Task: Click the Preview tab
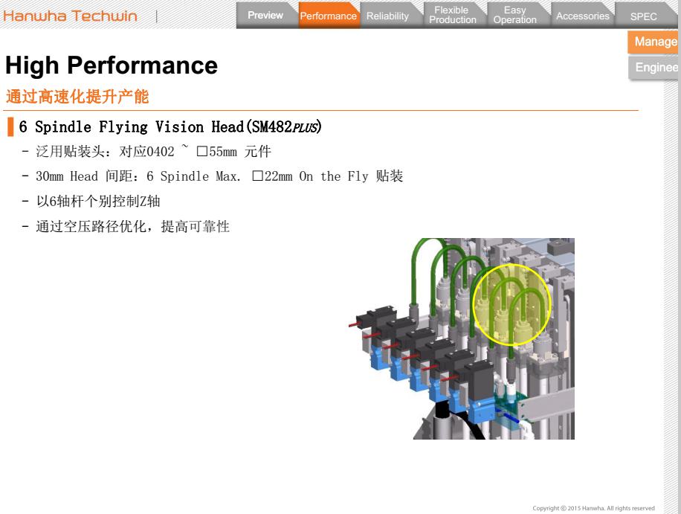265,16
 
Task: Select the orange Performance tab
328,16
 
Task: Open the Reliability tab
387,16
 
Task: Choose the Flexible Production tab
452,16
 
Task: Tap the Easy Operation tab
514,16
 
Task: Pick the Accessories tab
582,16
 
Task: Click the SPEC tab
643,16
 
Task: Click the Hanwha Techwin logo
71,16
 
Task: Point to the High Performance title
112,66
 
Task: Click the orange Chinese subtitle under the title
77,97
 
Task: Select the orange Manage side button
655,42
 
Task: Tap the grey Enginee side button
655,68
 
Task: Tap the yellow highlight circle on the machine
512,305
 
